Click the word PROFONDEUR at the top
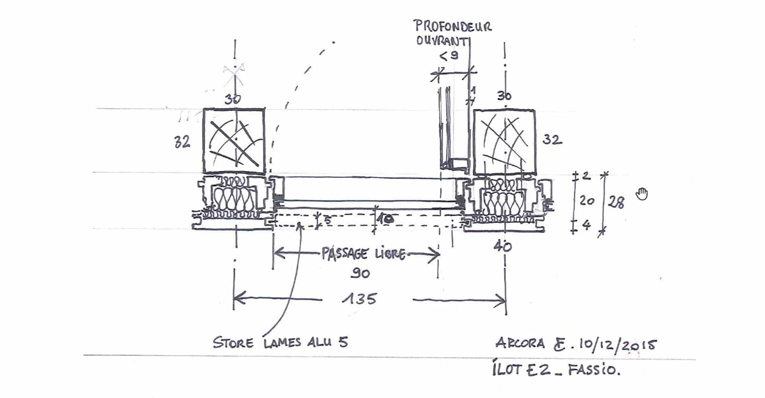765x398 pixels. pos(453,26)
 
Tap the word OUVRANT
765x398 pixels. pos(441,41)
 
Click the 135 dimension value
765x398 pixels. pos(359,298)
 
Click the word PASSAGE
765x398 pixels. pos(345,254)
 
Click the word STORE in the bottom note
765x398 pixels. pos(233,343)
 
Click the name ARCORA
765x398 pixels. pos(520,343)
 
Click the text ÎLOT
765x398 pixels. pos(507,369)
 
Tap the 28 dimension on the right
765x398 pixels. pos(616,203)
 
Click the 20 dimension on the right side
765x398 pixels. pos(587,201)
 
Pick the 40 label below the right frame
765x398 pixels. pos(502,247)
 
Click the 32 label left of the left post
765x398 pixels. pos(182,142)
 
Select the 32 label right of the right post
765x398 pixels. pos(552,140)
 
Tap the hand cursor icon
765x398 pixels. pos(642,194)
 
